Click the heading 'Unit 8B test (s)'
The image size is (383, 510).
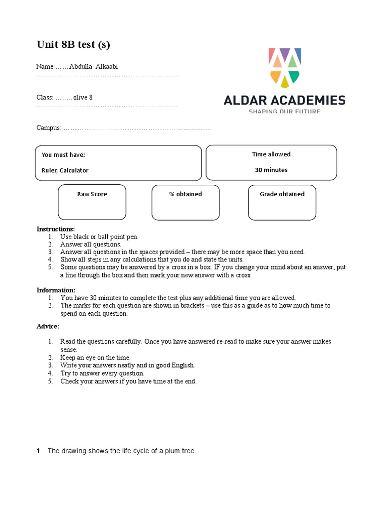73,45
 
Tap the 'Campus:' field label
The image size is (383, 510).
48,128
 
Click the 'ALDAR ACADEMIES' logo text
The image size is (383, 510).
284,100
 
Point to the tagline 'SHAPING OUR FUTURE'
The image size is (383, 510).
284,112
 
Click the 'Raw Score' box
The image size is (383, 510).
92,202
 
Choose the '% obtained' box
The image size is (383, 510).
186,202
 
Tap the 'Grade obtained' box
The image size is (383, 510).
282,202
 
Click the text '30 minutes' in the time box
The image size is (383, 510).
271,170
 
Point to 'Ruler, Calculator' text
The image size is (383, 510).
65,170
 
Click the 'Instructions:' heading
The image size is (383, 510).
55,229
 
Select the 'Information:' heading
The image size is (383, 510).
56,290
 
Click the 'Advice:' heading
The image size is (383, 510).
48,326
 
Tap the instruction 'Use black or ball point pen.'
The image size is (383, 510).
99,237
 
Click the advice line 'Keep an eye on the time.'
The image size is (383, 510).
95,358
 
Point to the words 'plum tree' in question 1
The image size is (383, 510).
180,451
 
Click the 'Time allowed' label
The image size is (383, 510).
271,154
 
